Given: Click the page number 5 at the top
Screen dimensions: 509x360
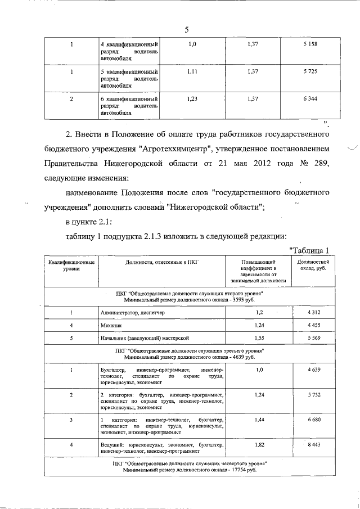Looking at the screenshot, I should tap(186, 29).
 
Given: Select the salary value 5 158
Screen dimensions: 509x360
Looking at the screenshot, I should tap(309, 43).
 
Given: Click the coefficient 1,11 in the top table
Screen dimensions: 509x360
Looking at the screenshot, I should tap(192, 73).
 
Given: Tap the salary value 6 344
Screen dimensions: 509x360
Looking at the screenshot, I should tap(309, 99).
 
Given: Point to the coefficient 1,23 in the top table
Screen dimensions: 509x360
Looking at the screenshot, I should tap(192, 99).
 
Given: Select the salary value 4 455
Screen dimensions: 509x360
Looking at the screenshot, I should tap(313, 325).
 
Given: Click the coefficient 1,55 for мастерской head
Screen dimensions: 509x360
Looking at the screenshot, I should tap(259, 337).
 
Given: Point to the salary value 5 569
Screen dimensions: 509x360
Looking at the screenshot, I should tap(313, 337).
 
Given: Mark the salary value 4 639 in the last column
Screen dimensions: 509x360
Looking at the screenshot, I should tap(313, 370).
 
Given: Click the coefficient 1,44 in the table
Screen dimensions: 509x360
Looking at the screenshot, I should tap(259, 420).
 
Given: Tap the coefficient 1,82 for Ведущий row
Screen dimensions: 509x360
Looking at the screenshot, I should tap(259, 445).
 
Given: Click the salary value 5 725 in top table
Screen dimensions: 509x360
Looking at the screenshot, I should tap(309, 73).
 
